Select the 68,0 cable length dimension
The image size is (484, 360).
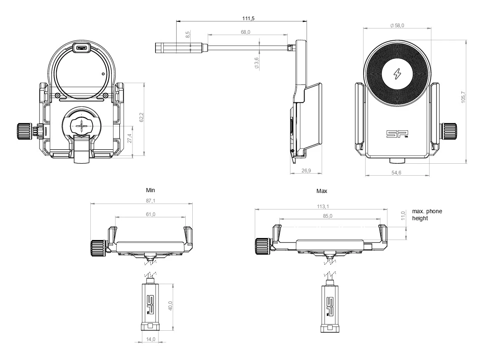click(x=246, y=32)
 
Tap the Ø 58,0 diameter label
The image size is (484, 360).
click(x=397, y=26)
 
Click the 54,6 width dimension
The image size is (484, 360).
click(x=396, y=172)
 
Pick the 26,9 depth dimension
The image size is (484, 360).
click(x=306, y=170)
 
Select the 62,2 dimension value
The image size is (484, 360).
click(x=142, y=117)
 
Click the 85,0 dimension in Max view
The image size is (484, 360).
click(x=328, y=215)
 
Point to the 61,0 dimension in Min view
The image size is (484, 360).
click(x=151, y=214)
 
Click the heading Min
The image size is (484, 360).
click(x=151, y=191)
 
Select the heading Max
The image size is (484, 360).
click(x=321, y=191)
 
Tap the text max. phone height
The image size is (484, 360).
click(x=427, y=214)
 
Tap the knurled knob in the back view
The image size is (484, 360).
click(x=24, y=131)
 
